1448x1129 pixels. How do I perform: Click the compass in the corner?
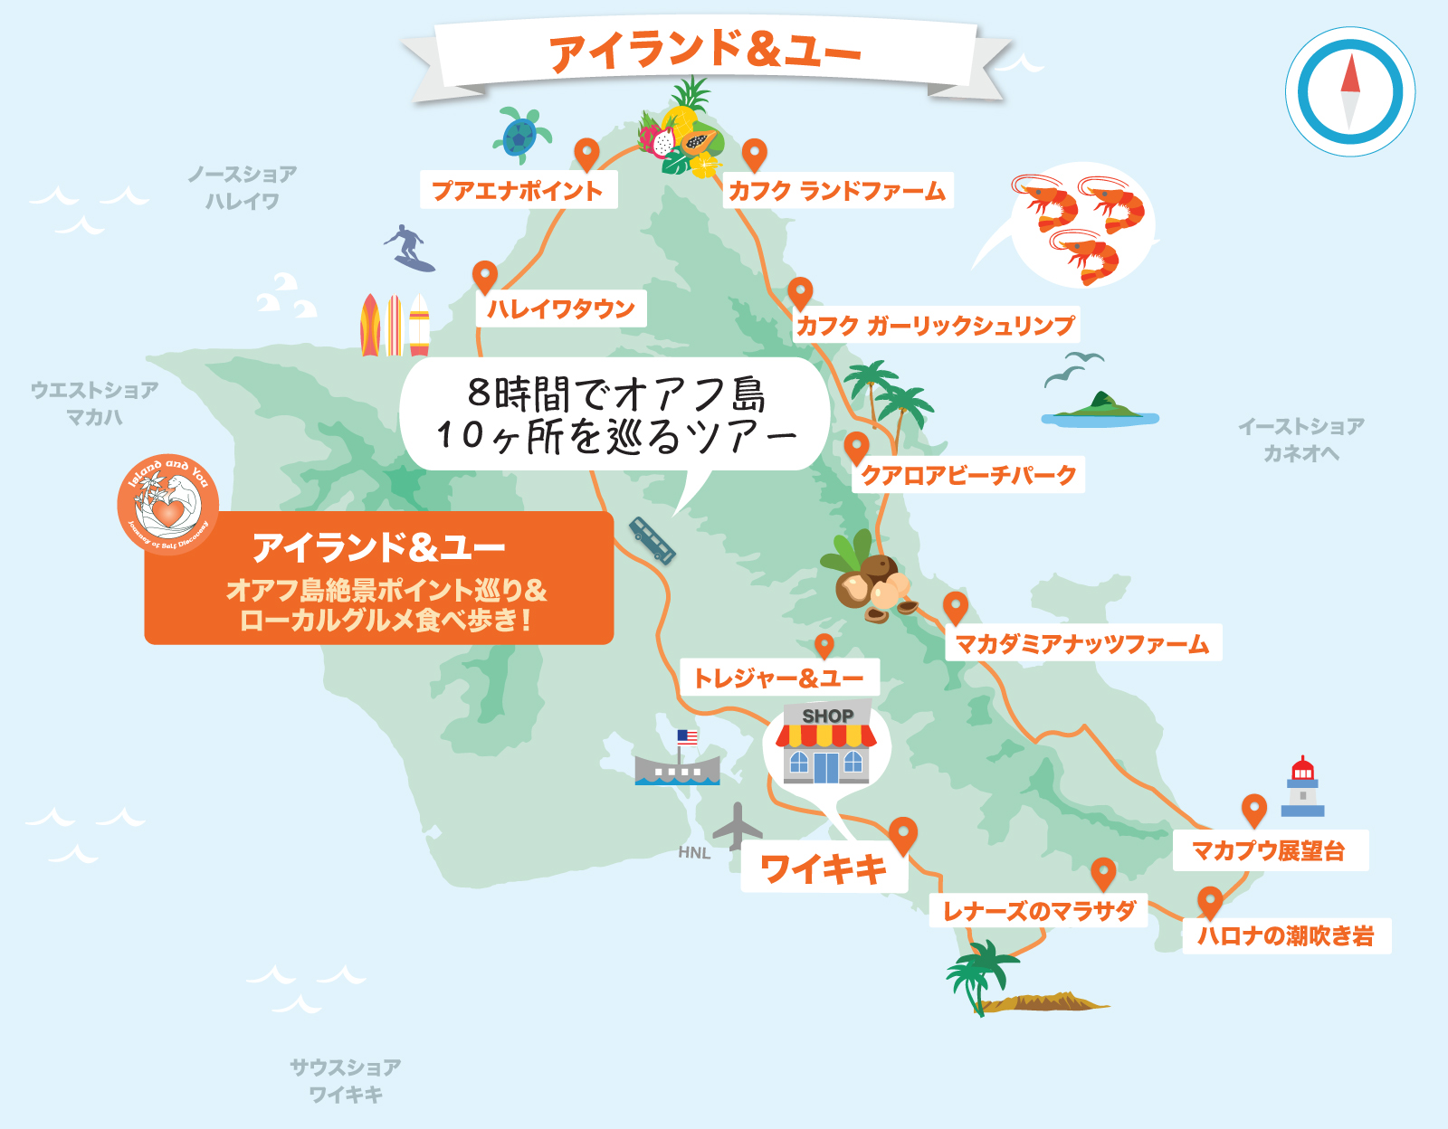point(1350,92)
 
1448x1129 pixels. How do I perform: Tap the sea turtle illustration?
point(521,134)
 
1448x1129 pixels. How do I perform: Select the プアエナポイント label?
point(518,191)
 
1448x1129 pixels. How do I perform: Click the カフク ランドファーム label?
point(837,191)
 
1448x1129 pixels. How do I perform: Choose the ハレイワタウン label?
point(561,309)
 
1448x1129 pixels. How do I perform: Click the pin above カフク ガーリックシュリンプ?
point(800,292)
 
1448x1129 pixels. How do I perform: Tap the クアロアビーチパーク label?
point(967,475)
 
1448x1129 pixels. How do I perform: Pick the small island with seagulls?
point(1100,410)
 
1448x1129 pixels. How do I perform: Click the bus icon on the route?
point(652,540)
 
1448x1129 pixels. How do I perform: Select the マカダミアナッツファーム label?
point(1082,643)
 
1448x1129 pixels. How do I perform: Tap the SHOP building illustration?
point(826,745)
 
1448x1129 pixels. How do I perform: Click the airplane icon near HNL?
point(738,825)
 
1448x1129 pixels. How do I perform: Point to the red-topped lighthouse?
point(1302,787)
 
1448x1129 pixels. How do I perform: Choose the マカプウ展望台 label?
point(1269,850)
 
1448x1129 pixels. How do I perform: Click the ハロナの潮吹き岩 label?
point(1286,935)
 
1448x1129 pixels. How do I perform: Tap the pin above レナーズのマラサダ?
point(1102,873)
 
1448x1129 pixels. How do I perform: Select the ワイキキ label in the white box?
point(824,869)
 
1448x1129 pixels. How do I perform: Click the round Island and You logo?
point(168,504)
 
